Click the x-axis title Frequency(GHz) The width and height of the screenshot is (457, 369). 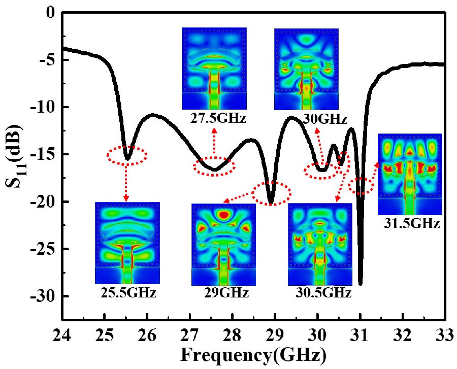click(252, 354)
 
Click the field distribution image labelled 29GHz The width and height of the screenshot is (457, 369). click(223, 245)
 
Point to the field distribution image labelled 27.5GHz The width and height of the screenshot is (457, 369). click(214, 68)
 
